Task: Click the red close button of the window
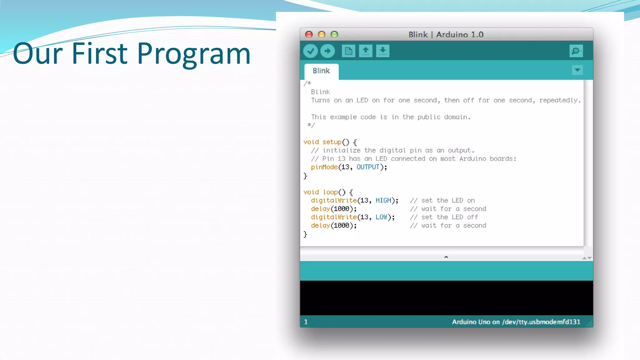point(309,34)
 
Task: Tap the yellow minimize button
point(322,34)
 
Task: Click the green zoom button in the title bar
point(334,34)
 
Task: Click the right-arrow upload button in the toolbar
point(327,51)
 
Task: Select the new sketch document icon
point(348,51)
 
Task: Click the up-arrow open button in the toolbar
point(366,51)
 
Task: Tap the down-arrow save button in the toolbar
point(382,51)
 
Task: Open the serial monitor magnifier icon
point(576,51)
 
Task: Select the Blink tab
point(321,71)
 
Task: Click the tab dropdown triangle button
point(577,70)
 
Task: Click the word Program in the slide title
point(194,54)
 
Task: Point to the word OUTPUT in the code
point(368,167)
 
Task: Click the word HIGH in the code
point(383,201)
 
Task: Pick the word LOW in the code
point(381,217)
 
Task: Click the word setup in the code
point(332,142)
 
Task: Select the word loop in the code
point(330,192)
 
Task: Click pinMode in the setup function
point(324,167)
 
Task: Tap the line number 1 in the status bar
point(306,322)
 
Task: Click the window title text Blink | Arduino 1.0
point(446,34)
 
